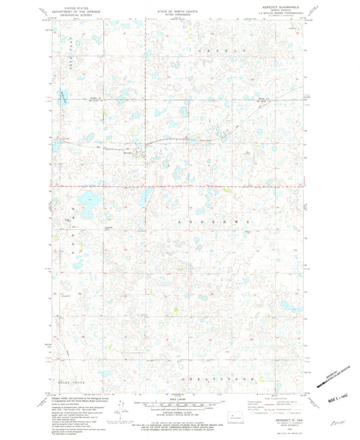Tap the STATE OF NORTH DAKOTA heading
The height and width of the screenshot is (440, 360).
179,5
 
